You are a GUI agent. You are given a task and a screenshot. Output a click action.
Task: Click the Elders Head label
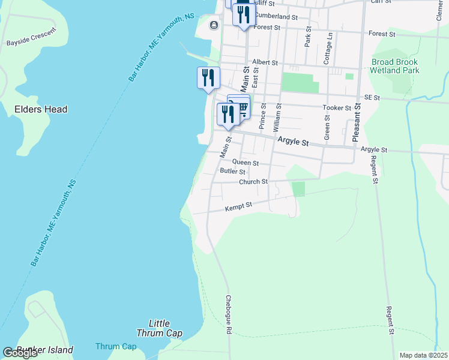point(41,109)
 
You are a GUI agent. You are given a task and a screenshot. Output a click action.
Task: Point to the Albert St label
point(265,62)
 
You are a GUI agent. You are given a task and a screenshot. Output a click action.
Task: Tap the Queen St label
point(245,163)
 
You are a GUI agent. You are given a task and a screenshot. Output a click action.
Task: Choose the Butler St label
point(232,172)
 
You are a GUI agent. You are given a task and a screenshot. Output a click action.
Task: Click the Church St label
point(253,182)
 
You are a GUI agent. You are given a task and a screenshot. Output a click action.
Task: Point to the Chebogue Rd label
point(229,314)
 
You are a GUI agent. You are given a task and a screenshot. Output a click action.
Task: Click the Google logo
point(20,353)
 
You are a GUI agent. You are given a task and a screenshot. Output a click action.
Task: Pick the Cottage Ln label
point(328,49)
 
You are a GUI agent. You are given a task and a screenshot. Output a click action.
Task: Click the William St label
point(277,118)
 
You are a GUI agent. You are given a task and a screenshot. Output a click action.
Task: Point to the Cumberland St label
point(276,16)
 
